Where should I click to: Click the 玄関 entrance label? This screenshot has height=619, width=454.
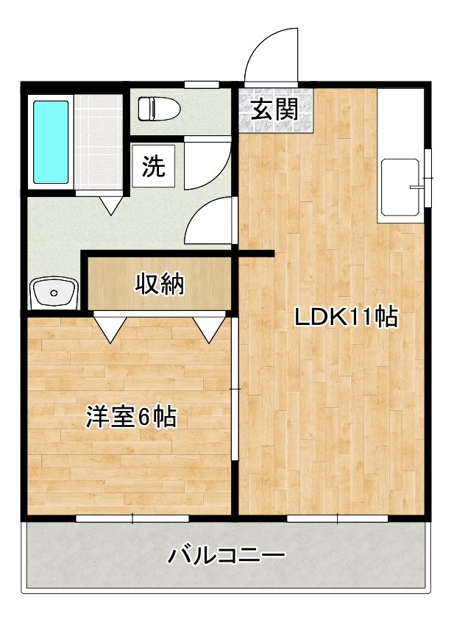(x=274, y=110)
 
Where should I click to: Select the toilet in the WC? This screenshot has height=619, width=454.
(x=156, y=109)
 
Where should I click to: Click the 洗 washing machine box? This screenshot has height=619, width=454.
(x=154, y=167)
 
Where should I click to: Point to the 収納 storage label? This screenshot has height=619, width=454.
(x=159, y=284)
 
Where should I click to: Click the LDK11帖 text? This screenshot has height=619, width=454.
(x=346, y=318)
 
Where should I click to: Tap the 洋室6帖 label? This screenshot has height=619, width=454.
(x=130, y=417)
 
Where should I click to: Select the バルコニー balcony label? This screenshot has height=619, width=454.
(x=226, y=555)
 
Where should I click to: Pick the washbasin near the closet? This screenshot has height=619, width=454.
(x=54, y=293)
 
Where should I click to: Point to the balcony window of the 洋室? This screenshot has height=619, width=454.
(x=132, y=519)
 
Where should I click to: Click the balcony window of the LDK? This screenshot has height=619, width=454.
(x=336, y=519)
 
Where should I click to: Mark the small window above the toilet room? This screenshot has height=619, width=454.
(x=201, y=82)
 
